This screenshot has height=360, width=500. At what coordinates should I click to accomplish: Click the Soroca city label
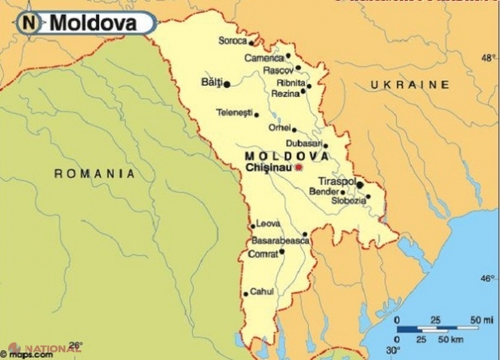tap(232, 40)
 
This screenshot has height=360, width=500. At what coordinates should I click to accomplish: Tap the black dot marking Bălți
tap(227, 83)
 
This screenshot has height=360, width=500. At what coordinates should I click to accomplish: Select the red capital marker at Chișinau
tap(298, 167)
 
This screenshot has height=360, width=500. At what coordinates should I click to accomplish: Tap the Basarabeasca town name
tap(281, 241)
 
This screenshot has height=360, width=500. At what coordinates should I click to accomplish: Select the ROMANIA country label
tap(94, 173)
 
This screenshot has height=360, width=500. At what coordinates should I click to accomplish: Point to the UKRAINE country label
tap(409, 84)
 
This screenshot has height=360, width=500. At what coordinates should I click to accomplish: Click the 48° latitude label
tap(489, 58)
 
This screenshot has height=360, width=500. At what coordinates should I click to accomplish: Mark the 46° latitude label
tap(488, 278)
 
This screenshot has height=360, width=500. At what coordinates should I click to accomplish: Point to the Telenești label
tap(234, 112)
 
